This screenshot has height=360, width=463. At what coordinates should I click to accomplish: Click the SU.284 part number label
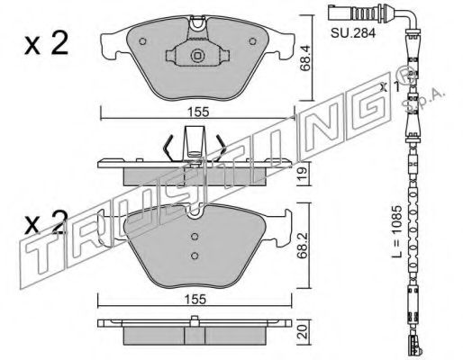353,33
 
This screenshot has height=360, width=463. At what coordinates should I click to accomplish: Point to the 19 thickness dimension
303,174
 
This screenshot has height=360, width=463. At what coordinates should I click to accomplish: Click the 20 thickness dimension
304,332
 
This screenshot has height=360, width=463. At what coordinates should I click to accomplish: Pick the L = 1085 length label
396,231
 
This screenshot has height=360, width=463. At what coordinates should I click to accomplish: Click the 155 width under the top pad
198,112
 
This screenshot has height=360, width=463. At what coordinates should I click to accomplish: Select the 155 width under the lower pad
195,300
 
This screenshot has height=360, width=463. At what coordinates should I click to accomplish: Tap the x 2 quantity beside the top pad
46,43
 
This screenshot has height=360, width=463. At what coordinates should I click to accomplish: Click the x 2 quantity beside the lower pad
46,222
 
